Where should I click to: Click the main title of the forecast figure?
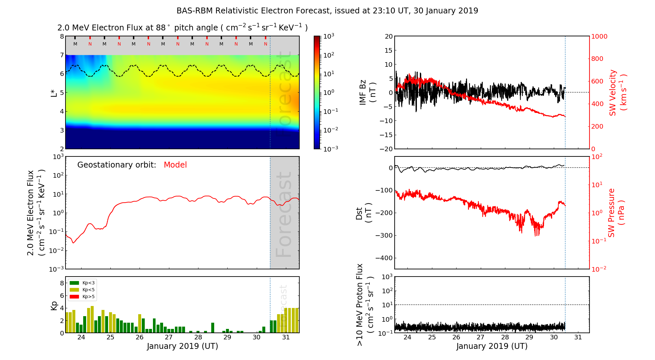[x=327, y=11]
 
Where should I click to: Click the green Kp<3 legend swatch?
[x=74, y=283]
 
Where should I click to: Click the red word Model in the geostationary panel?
[x=175, y=165]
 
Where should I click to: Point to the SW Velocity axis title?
[x=618, y=93]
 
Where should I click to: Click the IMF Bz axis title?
[x=367, y=93]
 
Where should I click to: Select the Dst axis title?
[x=364, y=213]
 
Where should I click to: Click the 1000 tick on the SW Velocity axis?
[x=599, y=36]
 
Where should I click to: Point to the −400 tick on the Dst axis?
[x=384, y=258]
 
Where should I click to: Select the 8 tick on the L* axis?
[x=62, y=36]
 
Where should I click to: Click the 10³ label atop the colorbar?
[x=328, y=36]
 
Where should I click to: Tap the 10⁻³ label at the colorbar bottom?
[x=330, y=149]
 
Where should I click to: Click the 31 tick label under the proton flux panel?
[x=578, y=337]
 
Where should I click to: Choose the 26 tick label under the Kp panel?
[x=140, y=337]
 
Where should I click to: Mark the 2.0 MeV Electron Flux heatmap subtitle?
[x=182, y=28]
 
